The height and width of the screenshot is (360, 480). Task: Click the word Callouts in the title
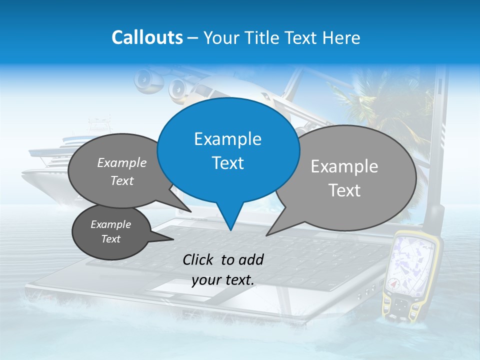pos(147,37)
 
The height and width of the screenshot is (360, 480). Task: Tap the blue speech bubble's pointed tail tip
pos(230,230)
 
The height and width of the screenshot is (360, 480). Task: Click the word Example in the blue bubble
pos(227,139)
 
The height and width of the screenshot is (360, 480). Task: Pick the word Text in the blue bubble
pos(227,163)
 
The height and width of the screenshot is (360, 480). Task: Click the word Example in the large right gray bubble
pos(344,166)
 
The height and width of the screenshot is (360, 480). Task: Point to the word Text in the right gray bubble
pos(344,190)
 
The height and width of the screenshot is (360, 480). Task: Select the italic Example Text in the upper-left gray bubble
pos(122,171)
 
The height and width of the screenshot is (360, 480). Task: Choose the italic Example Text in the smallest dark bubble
pos(110,231)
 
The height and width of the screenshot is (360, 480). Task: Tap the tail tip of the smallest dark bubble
pos(173,239)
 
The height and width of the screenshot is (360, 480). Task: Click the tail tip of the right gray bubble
pos(266,235)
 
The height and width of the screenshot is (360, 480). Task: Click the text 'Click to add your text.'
pos(223,269)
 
